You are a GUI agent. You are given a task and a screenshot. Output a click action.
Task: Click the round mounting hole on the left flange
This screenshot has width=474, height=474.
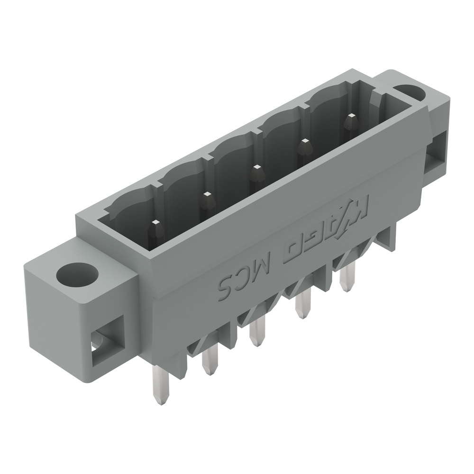(x=77, y=274)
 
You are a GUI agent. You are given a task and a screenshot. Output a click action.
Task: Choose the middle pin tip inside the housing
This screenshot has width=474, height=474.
(x=257, y=174)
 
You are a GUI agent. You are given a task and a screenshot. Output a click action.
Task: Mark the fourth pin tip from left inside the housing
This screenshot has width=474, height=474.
(x=303, y=148)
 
